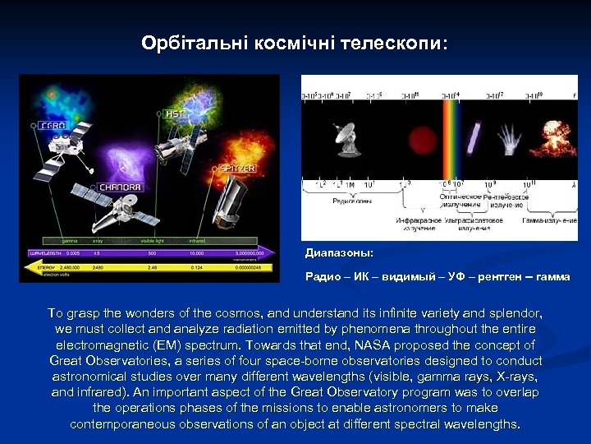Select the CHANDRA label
click(121, 187)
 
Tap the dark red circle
click(421, 138)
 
